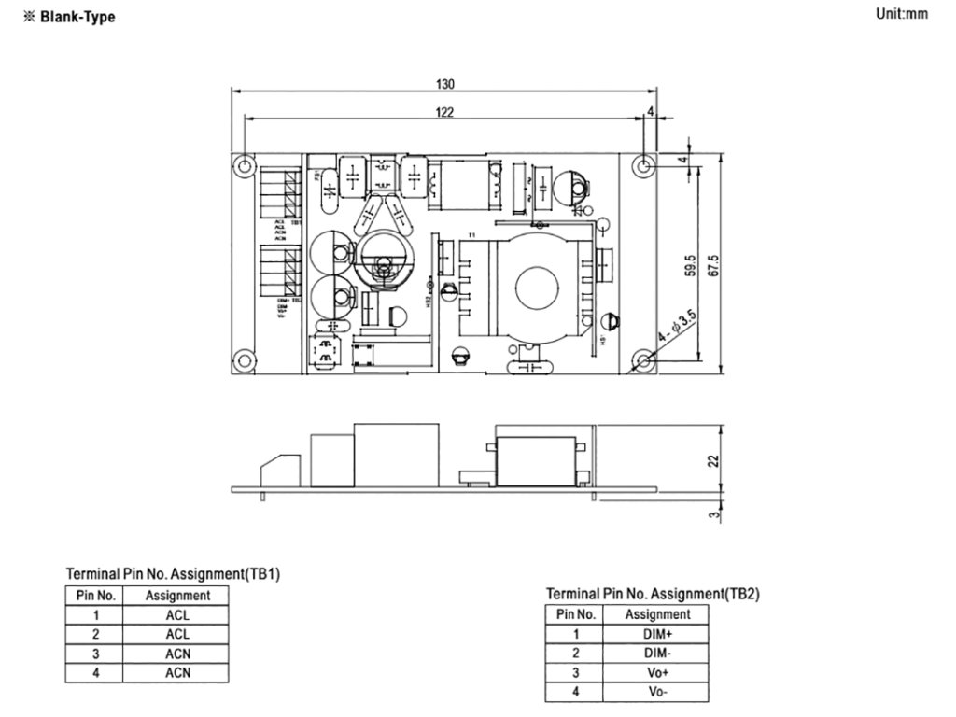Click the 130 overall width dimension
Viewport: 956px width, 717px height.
tap(445, 84)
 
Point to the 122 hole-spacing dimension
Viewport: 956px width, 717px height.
tap(445, 112)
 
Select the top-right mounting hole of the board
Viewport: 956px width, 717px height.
tap(643, 165)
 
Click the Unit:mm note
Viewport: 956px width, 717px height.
tap(902, 14)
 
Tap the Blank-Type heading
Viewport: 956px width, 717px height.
tap(77, 17)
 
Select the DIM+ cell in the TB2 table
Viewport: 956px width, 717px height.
tap(657, 633)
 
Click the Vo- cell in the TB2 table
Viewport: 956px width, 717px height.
tap(657, 692)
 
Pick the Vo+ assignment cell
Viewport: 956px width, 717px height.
tap(657, 672)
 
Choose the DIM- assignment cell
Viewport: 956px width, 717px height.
tap(657, 653)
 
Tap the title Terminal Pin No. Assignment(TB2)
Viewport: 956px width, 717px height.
tap(653, 593)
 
